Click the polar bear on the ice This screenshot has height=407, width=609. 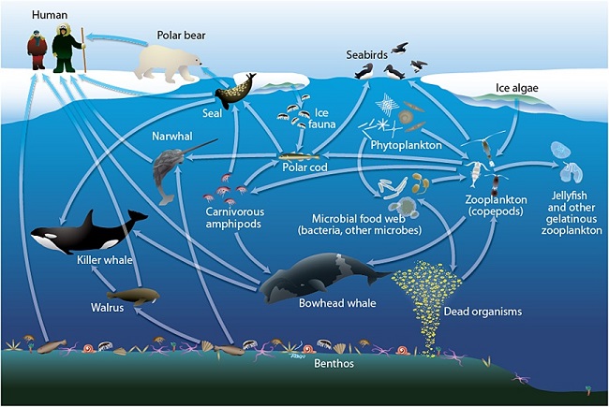[x=168, y=63]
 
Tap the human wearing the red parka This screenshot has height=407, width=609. [x=37, y=50]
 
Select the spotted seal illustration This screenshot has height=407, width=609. [x=235, y=92]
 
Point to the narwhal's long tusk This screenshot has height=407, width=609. [x=199, y=148]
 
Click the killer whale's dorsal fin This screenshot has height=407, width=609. [x=88, y=219]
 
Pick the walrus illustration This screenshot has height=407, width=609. [x=139, y=297]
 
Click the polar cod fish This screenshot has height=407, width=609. [x=299, y=157]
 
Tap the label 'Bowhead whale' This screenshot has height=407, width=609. [x=337, y=303]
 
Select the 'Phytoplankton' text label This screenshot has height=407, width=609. [x=406, y=145]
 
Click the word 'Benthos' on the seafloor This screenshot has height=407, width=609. [x=334, y=364]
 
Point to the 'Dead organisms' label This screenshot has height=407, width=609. [x=483, y=312]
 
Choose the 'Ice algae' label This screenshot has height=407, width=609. [x=516, y=88]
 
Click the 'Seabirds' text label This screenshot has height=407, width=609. [x=366, y=55]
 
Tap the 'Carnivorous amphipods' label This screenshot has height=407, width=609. [x=234, y=218]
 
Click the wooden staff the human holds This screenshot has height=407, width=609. [x=83, y=50]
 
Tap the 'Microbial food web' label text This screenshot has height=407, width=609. [x=359, y=218]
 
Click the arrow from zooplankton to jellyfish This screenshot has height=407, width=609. [x=527, y=165]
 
